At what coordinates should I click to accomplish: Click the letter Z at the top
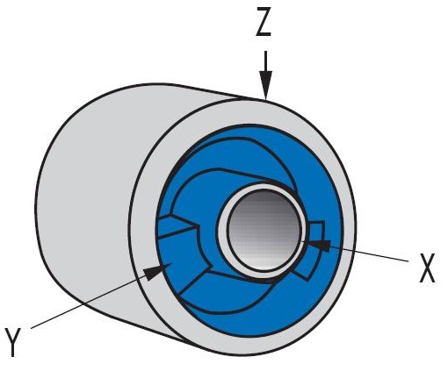[264, 22]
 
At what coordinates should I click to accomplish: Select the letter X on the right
[427, 268]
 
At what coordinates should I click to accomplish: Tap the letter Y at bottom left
[12, 342]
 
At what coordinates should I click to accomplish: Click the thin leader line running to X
[369, 253]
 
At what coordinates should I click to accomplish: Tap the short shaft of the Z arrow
[265, 61]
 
